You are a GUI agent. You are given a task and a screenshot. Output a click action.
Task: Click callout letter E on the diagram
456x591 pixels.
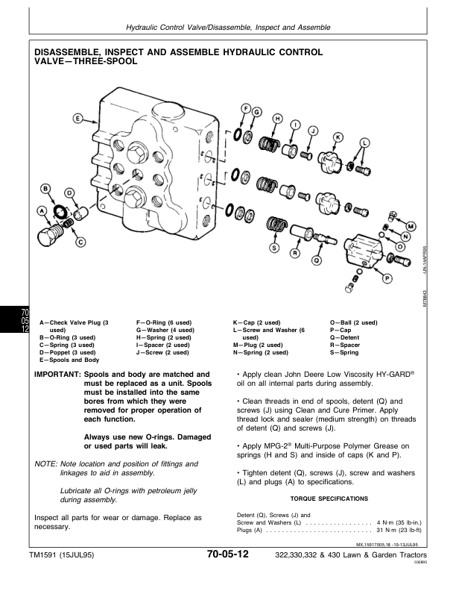tap(77, 118)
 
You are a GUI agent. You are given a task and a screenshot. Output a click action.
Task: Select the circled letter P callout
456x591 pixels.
tap(387, 278)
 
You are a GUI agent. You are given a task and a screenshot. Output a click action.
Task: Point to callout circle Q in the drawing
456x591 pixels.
tap(317, 260)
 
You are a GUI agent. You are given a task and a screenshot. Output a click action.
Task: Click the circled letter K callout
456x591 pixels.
tap(336, 136)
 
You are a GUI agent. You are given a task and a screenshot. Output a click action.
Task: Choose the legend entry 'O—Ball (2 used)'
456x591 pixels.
tap(353, 322)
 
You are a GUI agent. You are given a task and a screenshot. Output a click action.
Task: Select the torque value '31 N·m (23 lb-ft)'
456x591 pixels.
tap(398, 530)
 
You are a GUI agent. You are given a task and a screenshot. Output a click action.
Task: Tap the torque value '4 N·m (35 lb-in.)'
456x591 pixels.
tap(399, 522)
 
